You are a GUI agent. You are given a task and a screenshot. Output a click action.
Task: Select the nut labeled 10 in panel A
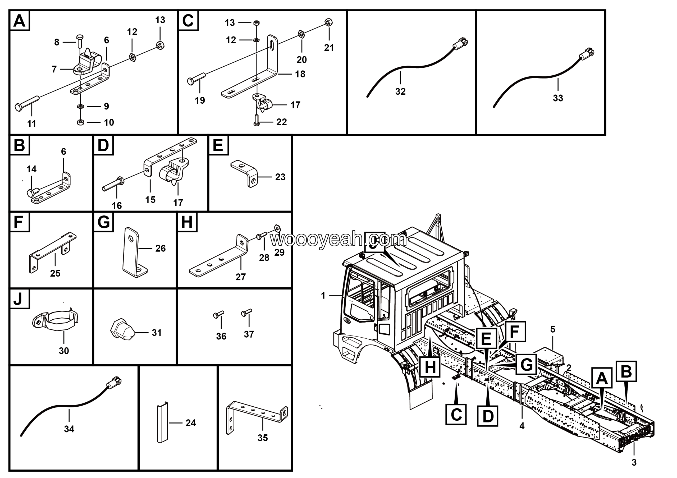[x=80, y=122]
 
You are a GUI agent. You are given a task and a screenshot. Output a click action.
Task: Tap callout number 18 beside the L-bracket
[x=300, y=74]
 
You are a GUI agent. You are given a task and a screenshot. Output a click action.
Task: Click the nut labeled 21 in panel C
[x=328, y=22]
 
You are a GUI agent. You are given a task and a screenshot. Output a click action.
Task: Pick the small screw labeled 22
[x=256, y=121]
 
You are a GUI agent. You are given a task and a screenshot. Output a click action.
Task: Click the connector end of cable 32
[x=461, y=44]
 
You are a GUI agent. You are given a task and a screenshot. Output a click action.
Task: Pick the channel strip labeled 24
[x=162, y=423]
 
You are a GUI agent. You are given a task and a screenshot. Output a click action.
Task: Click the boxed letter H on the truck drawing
[x=430, y=367]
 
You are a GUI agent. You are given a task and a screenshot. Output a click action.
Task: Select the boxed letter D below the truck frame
[x=488, y=416]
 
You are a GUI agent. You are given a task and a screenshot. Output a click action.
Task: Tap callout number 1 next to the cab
[x=323, y=295]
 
